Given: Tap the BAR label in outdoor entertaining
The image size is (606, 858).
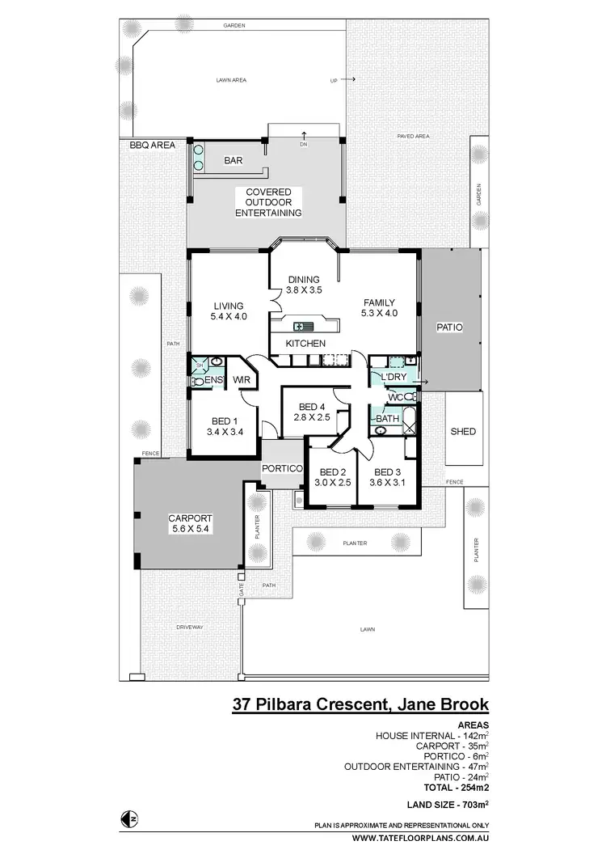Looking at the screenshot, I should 233,161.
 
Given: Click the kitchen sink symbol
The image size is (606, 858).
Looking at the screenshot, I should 303,327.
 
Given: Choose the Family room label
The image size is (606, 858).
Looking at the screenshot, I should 379,303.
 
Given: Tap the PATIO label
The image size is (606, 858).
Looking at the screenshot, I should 449,328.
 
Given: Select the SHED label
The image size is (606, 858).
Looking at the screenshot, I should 462,432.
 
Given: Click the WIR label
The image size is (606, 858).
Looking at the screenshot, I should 241,379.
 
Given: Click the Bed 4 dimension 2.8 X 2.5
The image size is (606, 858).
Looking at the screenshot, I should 311,417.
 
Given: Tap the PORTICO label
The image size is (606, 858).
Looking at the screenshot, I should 282,469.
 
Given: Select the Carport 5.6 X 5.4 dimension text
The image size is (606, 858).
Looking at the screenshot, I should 190,529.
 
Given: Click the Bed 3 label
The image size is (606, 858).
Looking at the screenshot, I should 387,472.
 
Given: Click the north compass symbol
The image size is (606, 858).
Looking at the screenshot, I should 127,818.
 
